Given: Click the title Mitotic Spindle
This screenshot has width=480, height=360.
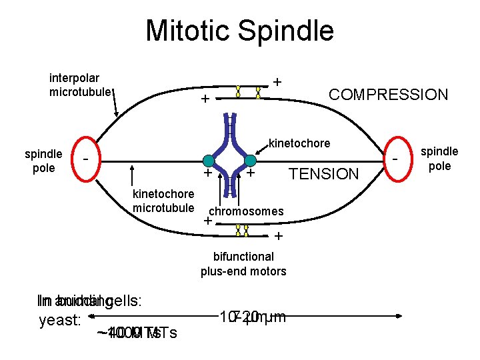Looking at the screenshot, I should click(239, 31).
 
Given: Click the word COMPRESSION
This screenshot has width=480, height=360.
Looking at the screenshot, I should click(389, 95).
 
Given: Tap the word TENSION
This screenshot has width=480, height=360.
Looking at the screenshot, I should click(323, 175).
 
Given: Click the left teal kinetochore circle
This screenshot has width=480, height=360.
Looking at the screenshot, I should click(209, 161).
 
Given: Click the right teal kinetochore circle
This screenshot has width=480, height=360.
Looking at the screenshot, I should click(250, 161).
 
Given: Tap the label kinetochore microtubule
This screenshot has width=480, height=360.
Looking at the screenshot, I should click(163, 201).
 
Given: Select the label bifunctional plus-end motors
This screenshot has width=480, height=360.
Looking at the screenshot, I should click(243, 264).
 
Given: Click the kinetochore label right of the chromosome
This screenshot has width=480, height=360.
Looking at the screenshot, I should click(299, 143).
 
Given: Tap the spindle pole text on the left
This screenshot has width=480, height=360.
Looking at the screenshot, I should click(43, 161).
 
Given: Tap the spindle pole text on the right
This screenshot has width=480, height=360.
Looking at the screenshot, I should click(439, 159).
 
